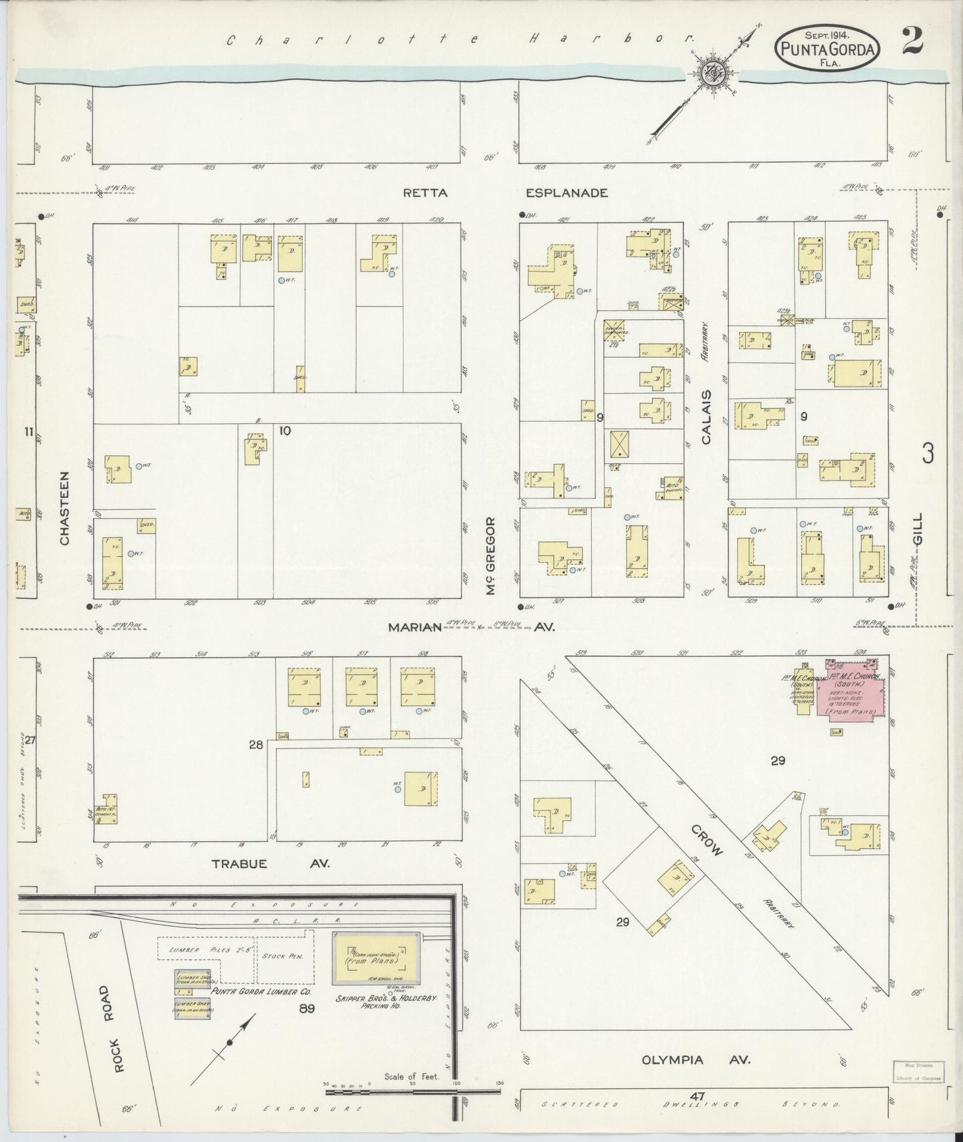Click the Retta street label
coord(425,193)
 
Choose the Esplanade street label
coord(566,193)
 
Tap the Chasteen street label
coord(65,508)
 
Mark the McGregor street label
coord(491,556)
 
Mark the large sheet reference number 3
coord(927,454)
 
